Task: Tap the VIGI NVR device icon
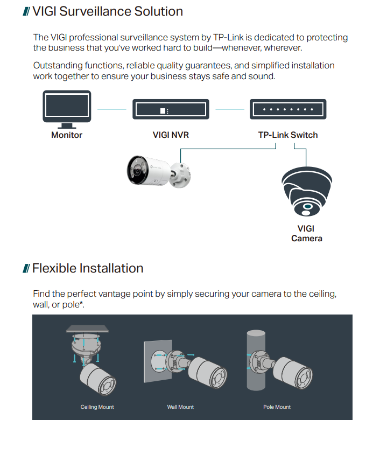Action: click(171, 110)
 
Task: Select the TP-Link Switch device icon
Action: click(287, 109)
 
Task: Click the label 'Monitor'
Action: click(67, 135)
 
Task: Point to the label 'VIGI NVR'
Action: click(171, 135)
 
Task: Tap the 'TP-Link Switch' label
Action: click(288, 135)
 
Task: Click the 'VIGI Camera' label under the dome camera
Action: click(306, 234)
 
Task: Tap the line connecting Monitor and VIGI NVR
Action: click(111, 109)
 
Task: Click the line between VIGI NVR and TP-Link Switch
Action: click(229, 109)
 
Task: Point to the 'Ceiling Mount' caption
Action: click(97, 407)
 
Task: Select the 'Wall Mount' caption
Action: click(180, 407)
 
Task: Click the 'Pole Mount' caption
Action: click(277, 407)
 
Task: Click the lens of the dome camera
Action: click(307, 206)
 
